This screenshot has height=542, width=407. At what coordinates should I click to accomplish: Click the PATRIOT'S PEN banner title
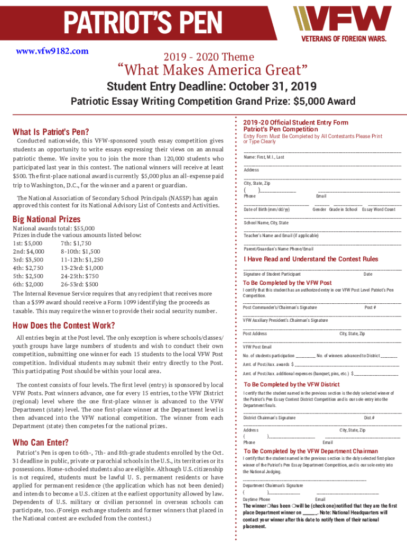pos(143,22)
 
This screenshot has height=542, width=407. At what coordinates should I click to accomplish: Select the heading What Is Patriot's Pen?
pos(51,132)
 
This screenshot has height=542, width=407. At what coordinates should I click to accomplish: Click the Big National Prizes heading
pos(47,219)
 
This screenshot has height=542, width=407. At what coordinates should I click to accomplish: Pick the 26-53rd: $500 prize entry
pos(79,284)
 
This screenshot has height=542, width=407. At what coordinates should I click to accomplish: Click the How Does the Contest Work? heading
pos(63,326)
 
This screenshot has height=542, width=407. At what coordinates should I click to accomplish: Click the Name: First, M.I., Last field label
pos(264,157)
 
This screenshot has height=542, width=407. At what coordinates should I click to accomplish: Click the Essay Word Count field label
pos(378,210)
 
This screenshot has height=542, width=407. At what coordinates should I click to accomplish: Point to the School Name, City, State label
pos(266,223)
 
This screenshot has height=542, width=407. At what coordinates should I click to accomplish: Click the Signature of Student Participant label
pos(272,274)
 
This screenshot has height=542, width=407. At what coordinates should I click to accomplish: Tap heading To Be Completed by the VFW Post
pos(287,283)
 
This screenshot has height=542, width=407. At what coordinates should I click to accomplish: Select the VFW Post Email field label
pos(257,347)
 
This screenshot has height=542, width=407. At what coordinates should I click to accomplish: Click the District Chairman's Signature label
pos(269,418)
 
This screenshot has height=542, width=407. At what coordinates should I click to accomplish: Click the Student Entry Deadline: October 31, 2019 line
pos(211,86)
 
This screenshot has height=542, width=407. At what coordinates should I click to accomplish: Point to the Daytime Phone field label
pos(256,499)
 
